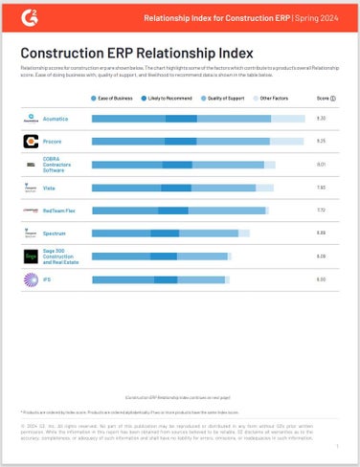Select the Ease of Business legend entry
tap(113, 99)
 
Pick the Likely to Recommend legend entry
tap(170, 99)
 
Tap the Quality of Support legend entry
tap(229, 99)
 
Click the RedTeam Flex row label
tap(65, 210)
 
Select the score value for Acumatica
tap(322, 118)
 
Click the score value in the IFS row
tap(322, 279)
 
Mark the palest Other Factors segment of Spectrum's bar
tap(244, 233)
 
